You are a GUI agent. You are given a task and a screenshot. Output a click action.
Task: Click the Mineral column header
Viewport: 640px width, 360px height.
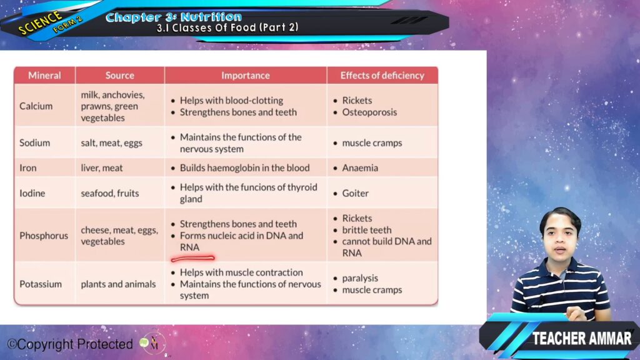tap(44, 76)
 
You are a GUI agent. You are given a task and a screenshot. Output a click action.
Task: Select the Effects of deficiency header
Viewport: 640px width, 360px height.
tap(382, 76)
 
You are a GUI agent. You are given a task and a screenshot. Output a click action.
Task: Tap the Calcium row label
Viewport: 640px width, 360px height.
tap(36, 106)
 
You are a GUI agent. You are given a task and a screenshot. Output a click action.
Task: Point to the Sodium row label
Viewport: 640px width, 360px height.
tap(35, 143)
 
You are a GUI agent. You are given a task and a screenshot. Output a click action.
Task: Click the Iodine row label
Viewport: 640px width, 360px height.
tap(32, 193)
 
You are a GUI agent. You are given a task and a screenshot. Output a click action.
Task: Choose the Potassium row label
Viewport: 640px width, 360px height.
tap(41, 284)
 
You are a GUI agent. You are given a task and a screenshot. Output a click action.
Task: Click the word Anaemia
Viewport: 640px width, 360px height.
tap(360, 167)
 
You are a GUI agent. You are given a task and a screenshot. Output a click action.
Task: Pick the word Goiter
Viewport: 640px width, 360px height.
tap(355, 193)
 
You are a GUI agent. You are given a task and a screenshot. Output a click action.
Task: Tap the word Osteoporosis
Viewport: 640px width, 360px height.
tap(369, 112)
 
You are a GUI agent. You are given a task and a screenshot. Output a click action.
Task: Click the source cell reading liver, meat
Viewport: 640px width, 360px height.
tap(102, 167)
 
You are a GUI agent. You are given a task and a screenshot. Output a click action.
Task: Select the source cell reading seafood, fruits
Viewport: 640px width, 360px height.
tap(110, 193)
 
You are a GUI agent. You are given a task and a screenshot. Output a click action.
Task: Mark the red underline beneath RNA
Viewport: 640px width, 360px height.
tap(192, 258)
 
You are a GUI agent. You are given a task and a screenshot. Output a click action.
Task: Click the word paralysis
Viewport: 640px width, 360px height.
tap(360, 278)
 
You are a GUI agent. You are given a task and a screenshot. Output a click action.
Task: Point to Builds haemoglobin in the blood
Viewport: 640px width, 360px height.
tap(244, 167)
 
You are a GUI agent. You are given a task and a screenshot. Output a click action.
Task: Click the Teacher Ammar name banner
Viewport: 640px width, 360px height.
tap(581, 338)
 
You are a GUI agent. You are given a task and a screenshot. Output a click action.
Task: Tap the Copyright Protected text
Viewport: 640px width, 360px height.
tap(70, 344)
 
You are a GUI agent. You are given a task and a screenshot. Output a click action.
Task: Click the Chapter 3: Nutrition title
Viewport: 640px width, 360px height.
tap(174, 17)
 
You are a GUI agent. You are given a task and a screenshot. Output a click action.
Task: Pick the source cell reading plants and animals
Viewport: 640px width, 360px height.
tap(118, 284)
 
